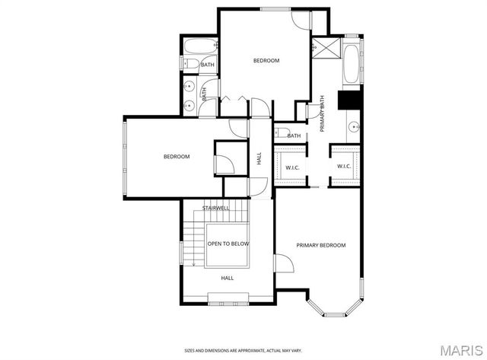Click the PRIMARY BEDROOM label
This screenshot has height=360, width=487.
tap(321, 245)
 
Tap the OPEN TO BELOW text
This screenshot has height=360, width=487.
tap(228, 244)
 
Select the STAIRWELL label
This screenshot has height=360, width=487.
tap(216, 208)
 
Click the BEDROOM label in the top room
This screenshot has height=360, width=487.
tap(266, 60)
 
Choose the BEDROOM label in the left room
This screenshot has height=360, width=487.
tap(177, 157)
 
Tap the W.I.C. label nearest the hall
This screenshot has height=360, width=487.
tap(291, 167)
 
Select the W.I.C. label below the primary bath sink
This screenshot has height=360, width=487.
tap(343, 167)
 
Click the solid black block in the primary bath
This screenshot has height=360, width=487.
tap(350, 101)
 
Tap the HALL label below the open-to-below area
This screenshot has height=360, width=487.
tap(227, 279)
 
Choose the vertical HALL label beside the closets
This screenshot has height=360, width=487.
tap(259, 159)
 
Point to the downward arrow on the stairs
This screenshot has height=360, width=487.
tap(195, 263)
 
